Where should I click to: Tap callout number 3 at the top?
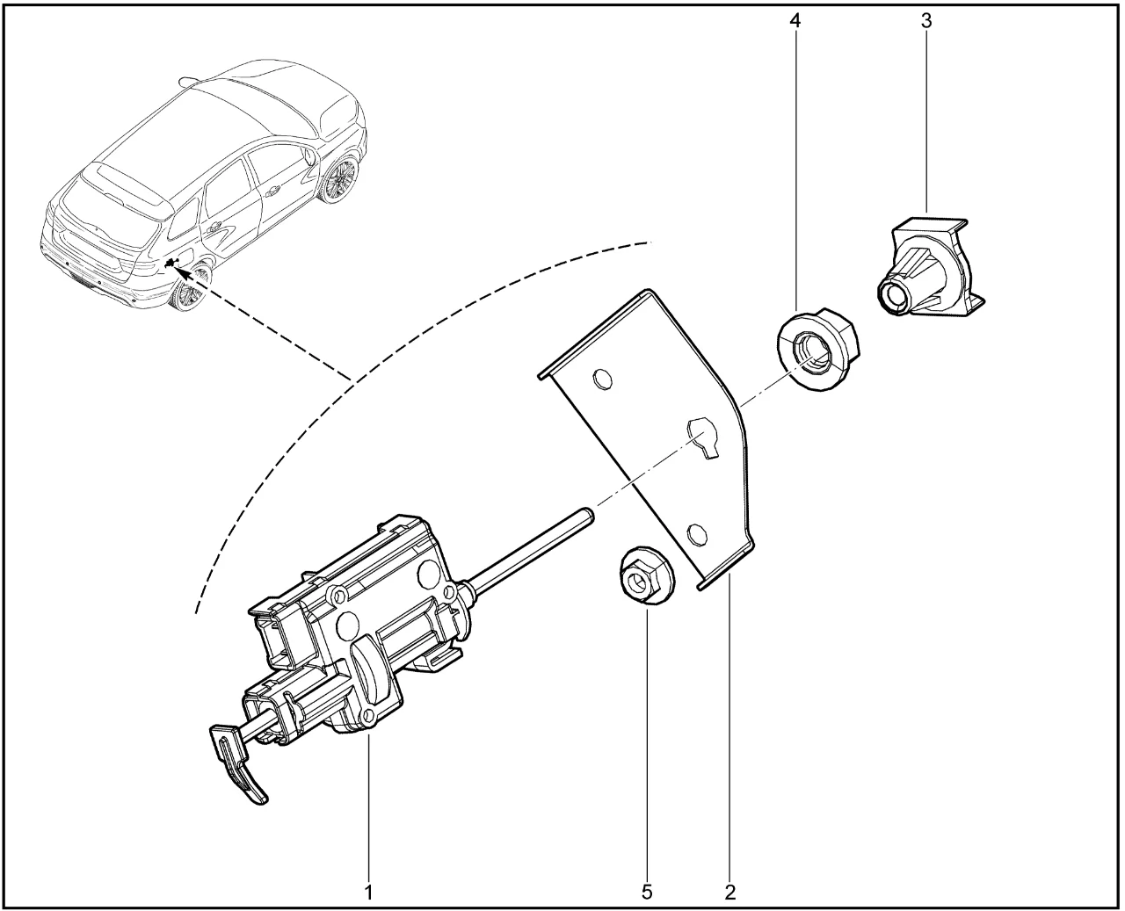pos(926,21)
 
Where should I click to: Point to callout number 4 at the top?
pos(795,21)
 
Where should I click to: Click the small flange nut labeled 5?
pos(645,576)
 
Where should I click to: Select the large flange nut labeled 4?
pos(818,351)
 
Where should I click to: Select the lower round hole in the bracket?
pos(696,535)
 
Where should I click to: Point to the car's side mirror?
pos(310,154)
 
